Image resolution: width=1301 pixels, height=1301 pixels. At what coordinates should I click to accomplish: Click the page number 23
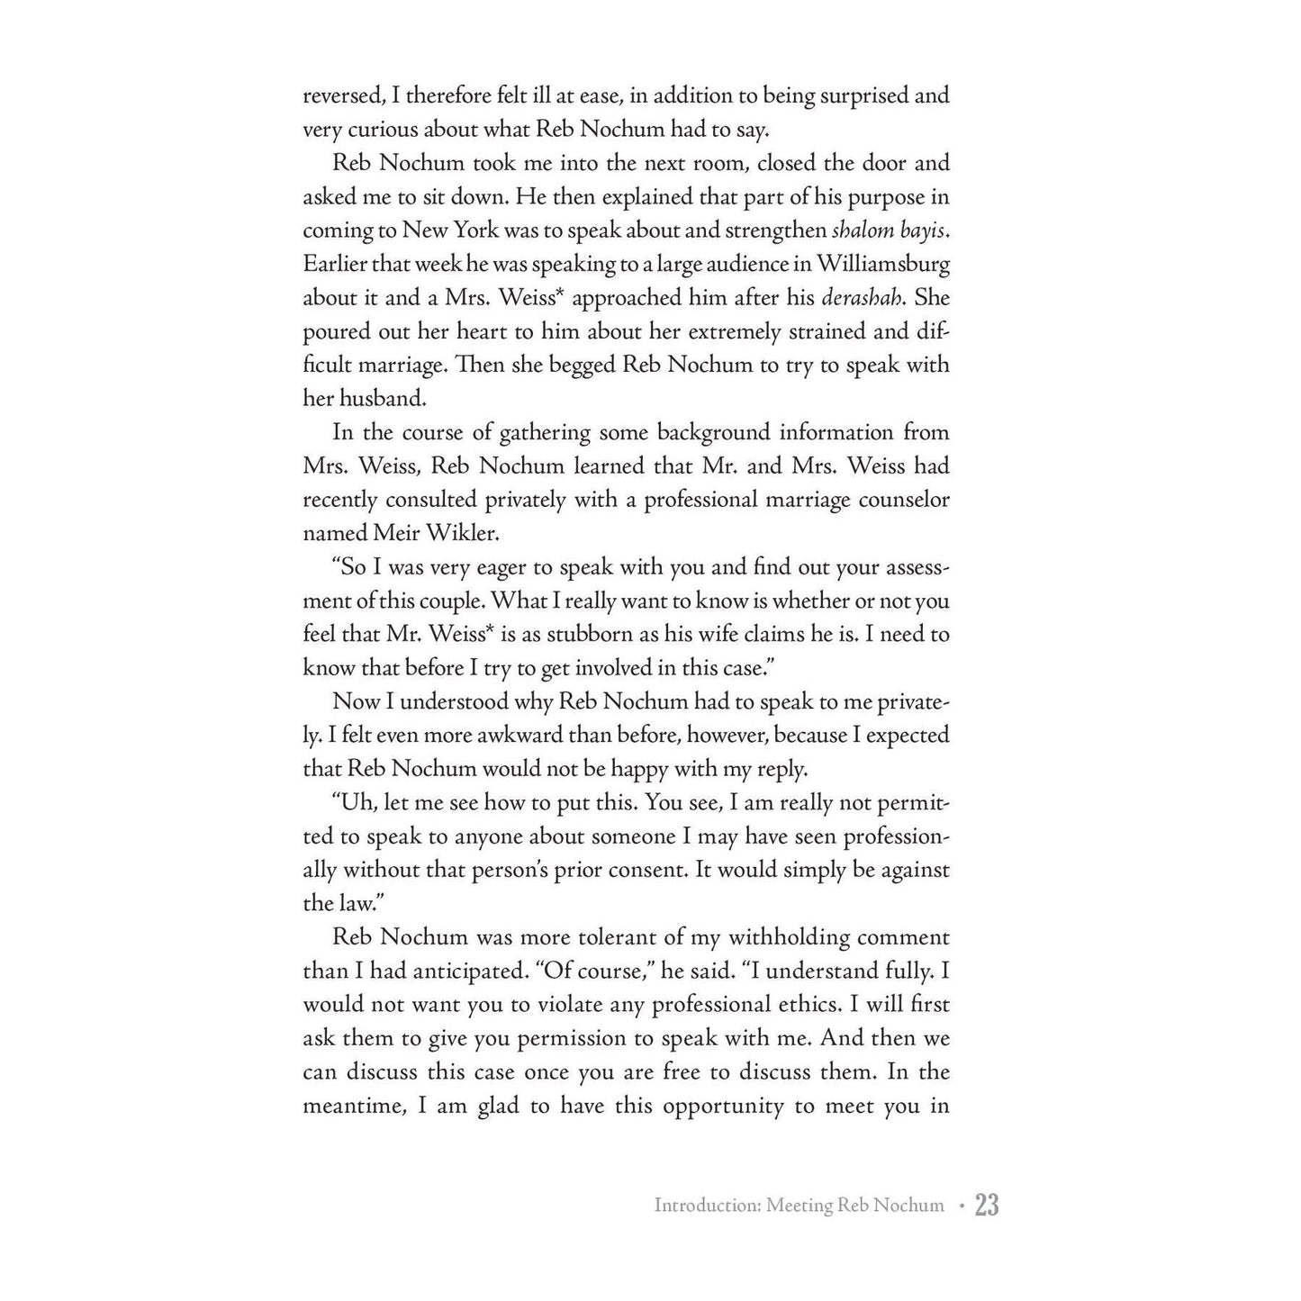point(987,1205)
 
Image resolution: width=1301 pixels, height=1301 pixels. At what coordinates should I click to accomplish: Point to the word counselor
point(900,500)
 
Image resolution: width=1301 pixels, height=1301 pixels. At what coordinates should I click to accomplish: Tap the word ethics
point(831,1005)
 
